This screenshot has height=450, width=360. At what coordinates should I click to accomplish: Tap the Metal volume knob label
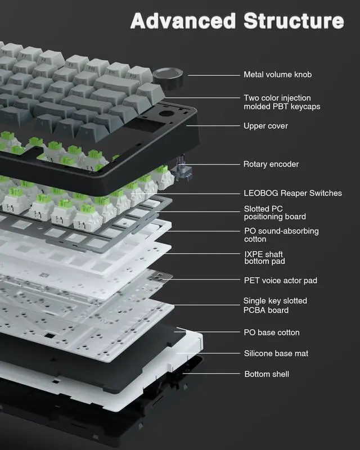[x=277, y=75]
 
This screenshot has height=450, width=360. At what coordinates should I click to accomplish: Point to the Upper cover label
[x=265, y=126]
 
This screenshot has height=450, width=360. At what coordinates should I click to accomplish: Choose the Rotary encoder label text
[x=271, y=164]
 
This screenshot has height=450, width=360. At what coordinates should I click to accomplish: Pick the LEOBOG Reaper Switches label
[x=292, y=193]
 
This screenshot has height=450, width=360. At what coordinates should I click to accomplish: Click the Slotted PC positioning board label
[x=274, y=212]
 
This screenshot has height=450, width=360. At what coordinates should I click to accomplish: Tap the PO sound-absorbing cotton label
[x=281, y=236]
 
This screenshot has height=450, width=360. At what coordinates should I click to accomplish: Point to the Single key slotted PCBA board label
[x=275, y=305]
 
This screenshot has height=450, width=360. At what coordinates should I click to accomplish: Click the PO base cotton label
[x=271, y=332]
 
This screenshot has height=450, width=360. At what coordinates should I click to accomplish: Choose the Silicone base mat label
[x=276, y=353]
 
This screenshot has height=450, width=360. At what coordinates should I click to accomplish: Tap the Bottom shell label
[x=267, y=374]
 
